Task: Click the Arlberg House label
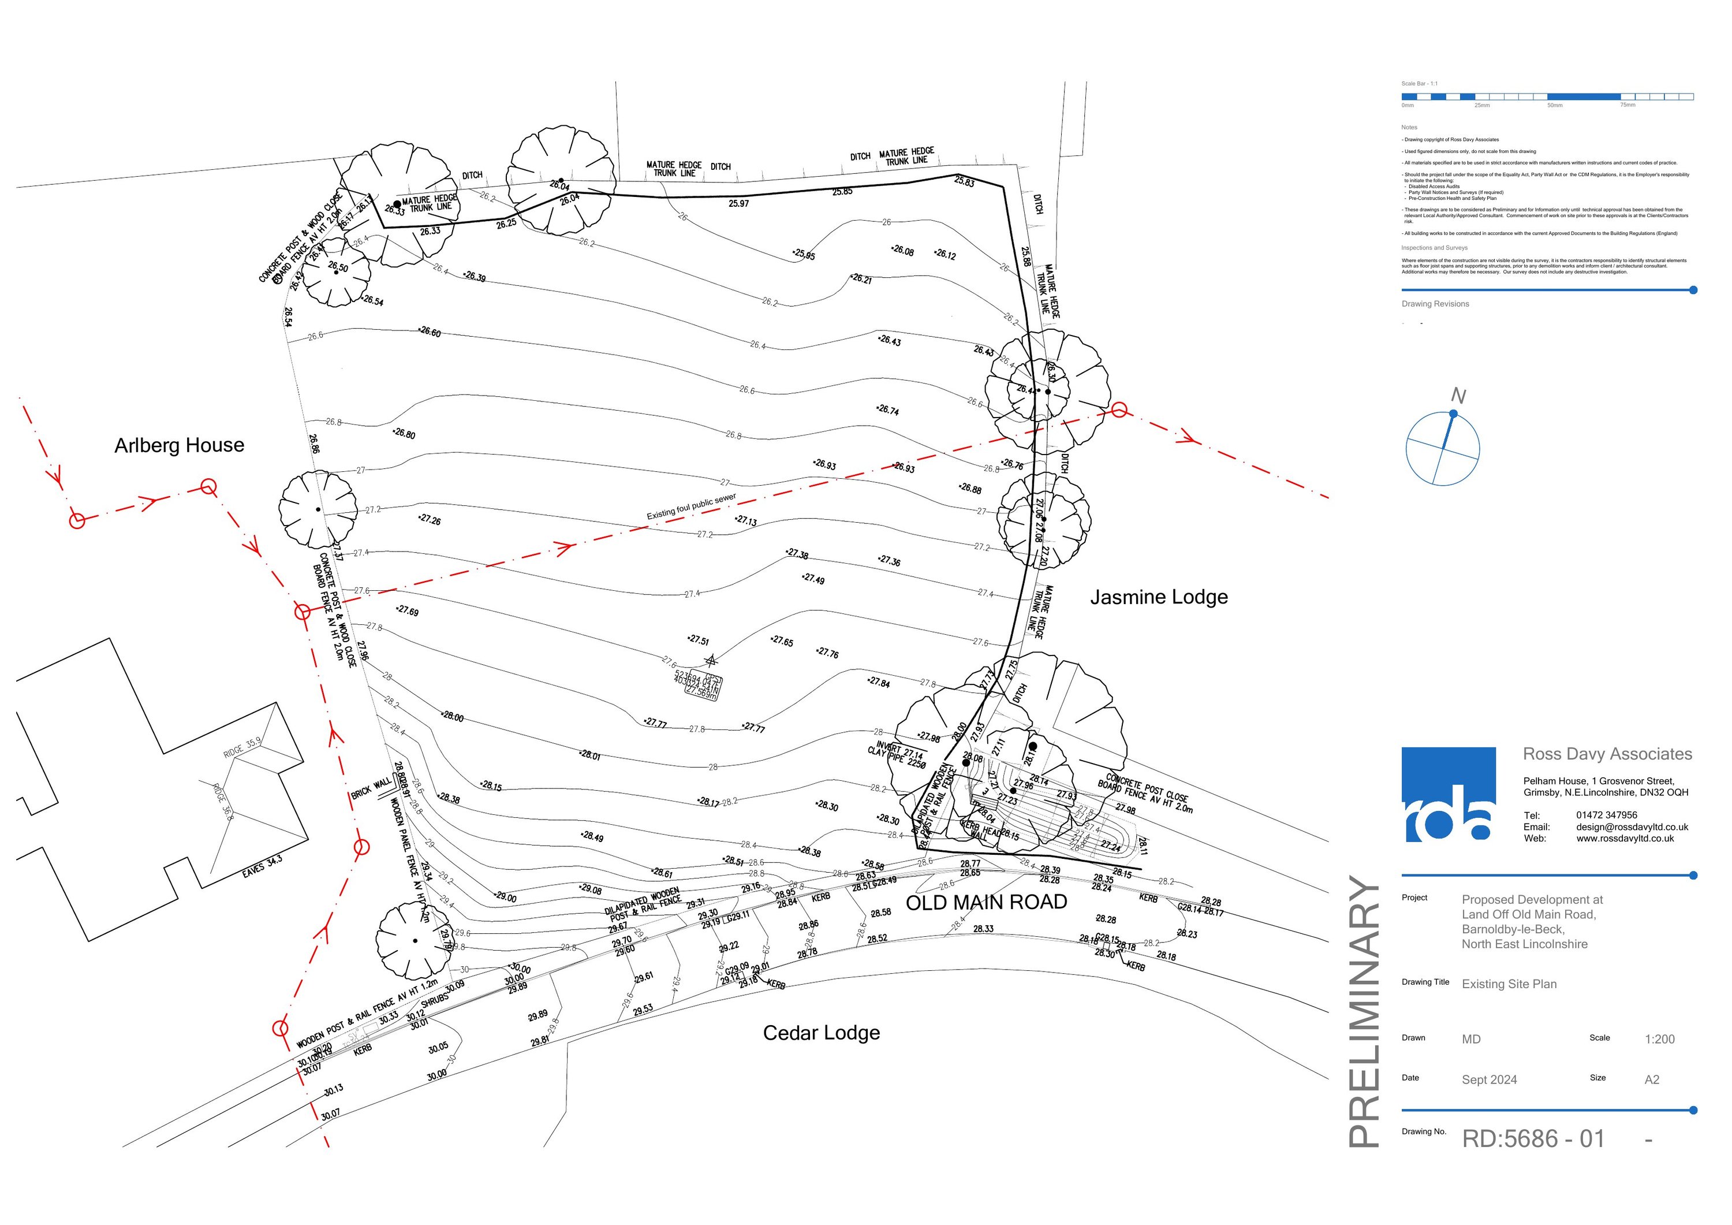[180, 445]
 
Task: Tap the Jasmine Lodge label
[1159, 597]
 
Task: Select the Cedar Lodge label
[822, 1033]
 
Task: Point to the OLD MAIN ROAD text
[986, 902]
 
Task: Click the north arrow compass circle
[1442, 449]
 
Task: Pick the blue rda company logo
[1449, 794]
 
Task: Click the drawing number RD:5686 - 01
[1533, 1138]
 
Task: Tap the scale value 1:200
[1660, 1040]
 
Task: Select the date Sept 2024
[1489, 1079]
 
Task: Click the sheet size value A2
[1652, 1079]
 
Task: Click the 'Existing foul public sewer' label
[691, 507]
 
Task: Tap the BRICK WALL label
[371, 789]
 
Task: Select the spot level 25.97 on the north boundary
[738, 204]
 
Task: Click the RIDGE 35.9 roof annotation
[242, 748]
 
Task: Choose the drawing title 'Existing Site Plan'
[1509, 984]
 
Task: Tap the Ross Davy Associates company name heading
[1607, 754]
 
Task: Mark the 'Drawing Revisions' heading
[1435, 304]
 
